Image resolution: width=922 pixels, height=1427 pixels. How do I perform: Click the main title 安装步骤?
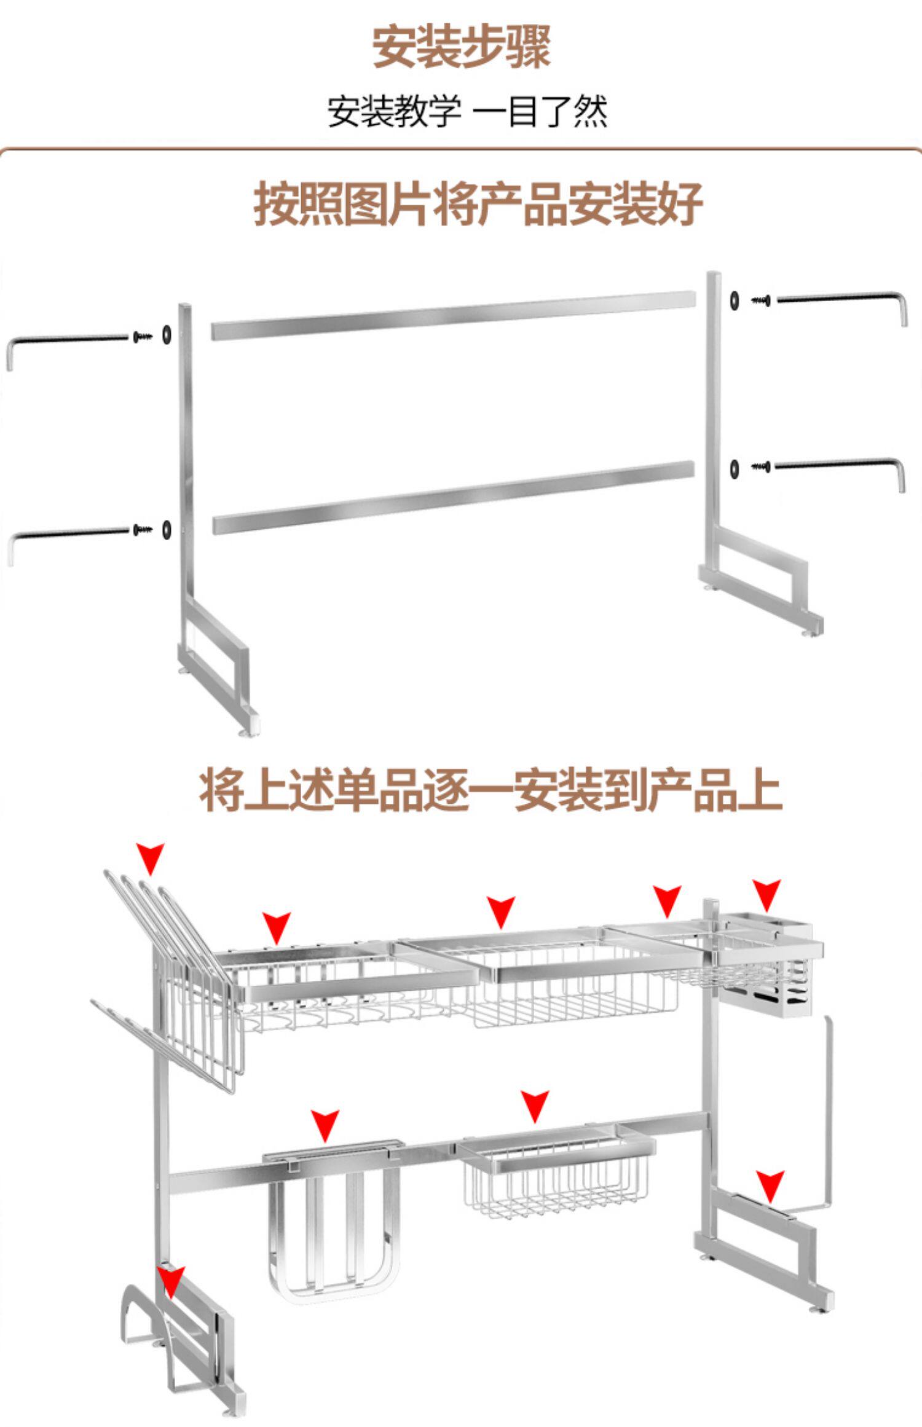[x=461, y=47]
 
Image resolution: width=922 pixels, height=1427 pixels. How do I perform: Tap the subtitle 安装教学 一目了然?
[x=467, y=112]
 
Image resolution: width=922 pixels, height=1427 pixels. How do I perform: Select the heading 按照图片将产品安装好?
[x=478, y=204]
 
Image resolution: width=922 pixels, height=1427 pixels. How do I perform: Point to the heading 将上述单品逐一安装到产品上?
[x=490, y=790]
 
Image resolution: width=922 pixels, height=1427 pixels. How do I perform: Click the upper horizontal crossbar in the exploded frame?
[x=454, y=315]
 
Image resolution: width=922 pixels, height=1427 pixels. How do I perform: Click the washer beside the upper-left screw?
[x=167, y=335]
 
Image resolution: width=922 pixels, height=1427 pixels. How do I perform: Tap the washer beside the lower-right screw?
[x=735, y=468]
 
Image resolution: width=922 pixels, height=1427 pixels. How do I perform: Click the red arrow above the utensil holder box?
[x=766, y=894]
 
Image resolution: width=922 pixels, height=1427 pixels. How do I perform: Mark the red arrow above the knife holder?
[x=325, y=1125]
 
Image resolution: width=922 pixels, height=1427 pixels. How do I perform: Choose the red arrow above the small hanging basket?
[x=535, y=1106]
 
